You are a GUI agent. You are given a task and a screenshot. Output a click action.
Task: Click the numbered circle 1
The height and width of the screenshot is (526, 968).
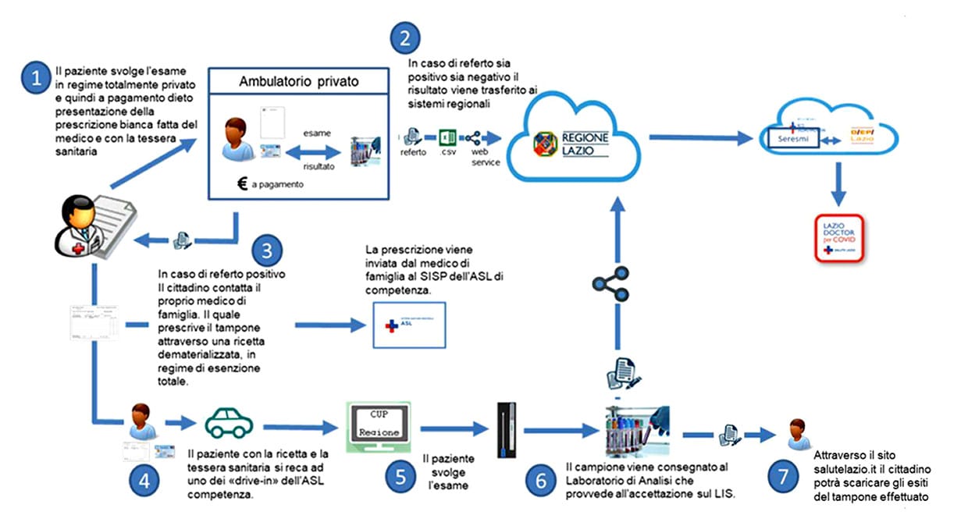(x=37, y=78)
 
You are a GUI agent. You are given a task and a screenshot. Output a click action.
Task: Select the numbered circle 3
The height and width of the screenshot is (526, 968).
(x=267, y=251)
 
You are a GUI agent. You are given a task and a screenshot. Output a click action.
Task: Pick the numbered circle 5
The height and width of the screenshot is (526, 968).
(x=400, y=477)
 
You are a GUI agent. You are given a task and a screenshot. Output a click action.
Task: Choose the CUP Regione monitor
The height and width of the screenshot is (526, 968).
(x=379, y=425)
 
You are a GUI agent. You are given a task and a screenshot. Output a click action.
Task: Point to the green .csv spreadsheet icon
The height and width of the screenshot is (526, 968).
(x=447, y=139)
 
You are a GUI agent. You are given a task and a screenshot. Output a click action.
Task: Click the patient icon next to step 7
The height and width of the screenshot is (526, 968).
(x=795, y=434)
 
